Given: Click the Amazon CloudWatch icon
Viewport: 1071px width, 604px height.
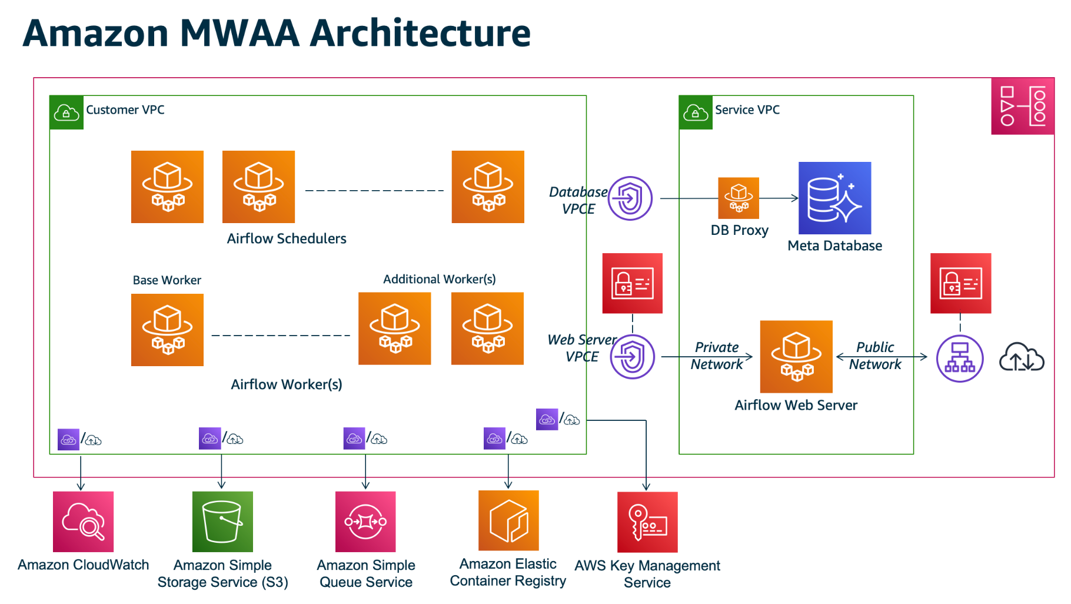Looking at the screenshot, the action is [83, 522].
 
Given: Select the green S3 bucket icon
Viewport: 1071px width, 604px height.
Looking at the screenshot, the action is [222, 522].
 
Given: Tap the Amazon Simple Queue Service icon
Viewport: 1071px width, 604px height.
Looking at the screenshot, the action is [365, 522].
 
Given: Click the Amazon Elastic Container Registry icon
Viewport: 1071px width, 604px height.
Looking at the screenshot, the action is [508, 520].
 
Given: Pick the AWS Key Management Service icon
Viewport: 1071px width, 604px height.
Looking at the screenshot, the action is [647, 522].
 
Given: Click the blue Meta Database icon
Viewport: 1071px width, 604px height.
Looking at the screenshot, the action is [834, 198].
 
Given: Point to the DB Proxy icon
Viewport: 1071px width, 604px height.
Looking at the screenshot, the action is [739, 198].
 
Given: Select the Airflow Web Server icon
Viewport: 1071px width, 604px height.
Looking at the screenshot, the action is [796, 357].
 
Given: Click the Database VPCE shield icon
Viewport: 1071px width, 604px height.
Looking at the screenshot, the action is [630, 198].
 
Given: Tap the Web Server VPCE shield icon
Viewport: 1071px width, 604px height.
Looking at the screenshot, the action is [633, 357].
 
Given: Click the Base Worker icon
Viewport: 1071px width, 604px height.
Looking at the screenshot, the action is [167, 330].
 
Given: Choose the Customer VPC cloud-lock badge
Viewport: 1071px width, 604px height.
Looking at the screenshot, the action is [66, 112].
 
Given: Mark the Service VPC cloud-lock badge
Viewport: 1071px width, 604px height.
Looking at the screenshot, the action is [696, 112].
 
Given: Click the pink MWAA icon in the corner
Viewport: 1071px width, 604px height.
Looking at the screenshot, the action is [1023, 106].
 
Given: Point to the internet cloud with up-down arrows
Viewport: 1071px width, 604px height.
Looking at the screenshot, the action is [1022, 357].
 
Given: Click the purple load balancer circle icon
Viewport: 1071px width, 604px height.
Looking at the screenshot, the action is [960, 359].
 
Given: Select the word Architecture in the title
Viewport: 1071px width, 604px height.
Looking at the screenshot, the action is [420, 33].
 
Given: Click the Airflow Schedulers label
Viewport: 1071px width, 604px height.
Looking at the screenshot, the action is [287, 238].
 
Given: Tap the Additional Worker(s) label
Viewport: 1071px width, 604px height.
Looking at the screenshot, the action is [440, 279].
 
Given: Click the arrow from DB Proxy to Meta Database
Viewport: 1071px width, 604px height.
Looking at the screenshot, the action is [779, 198].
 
